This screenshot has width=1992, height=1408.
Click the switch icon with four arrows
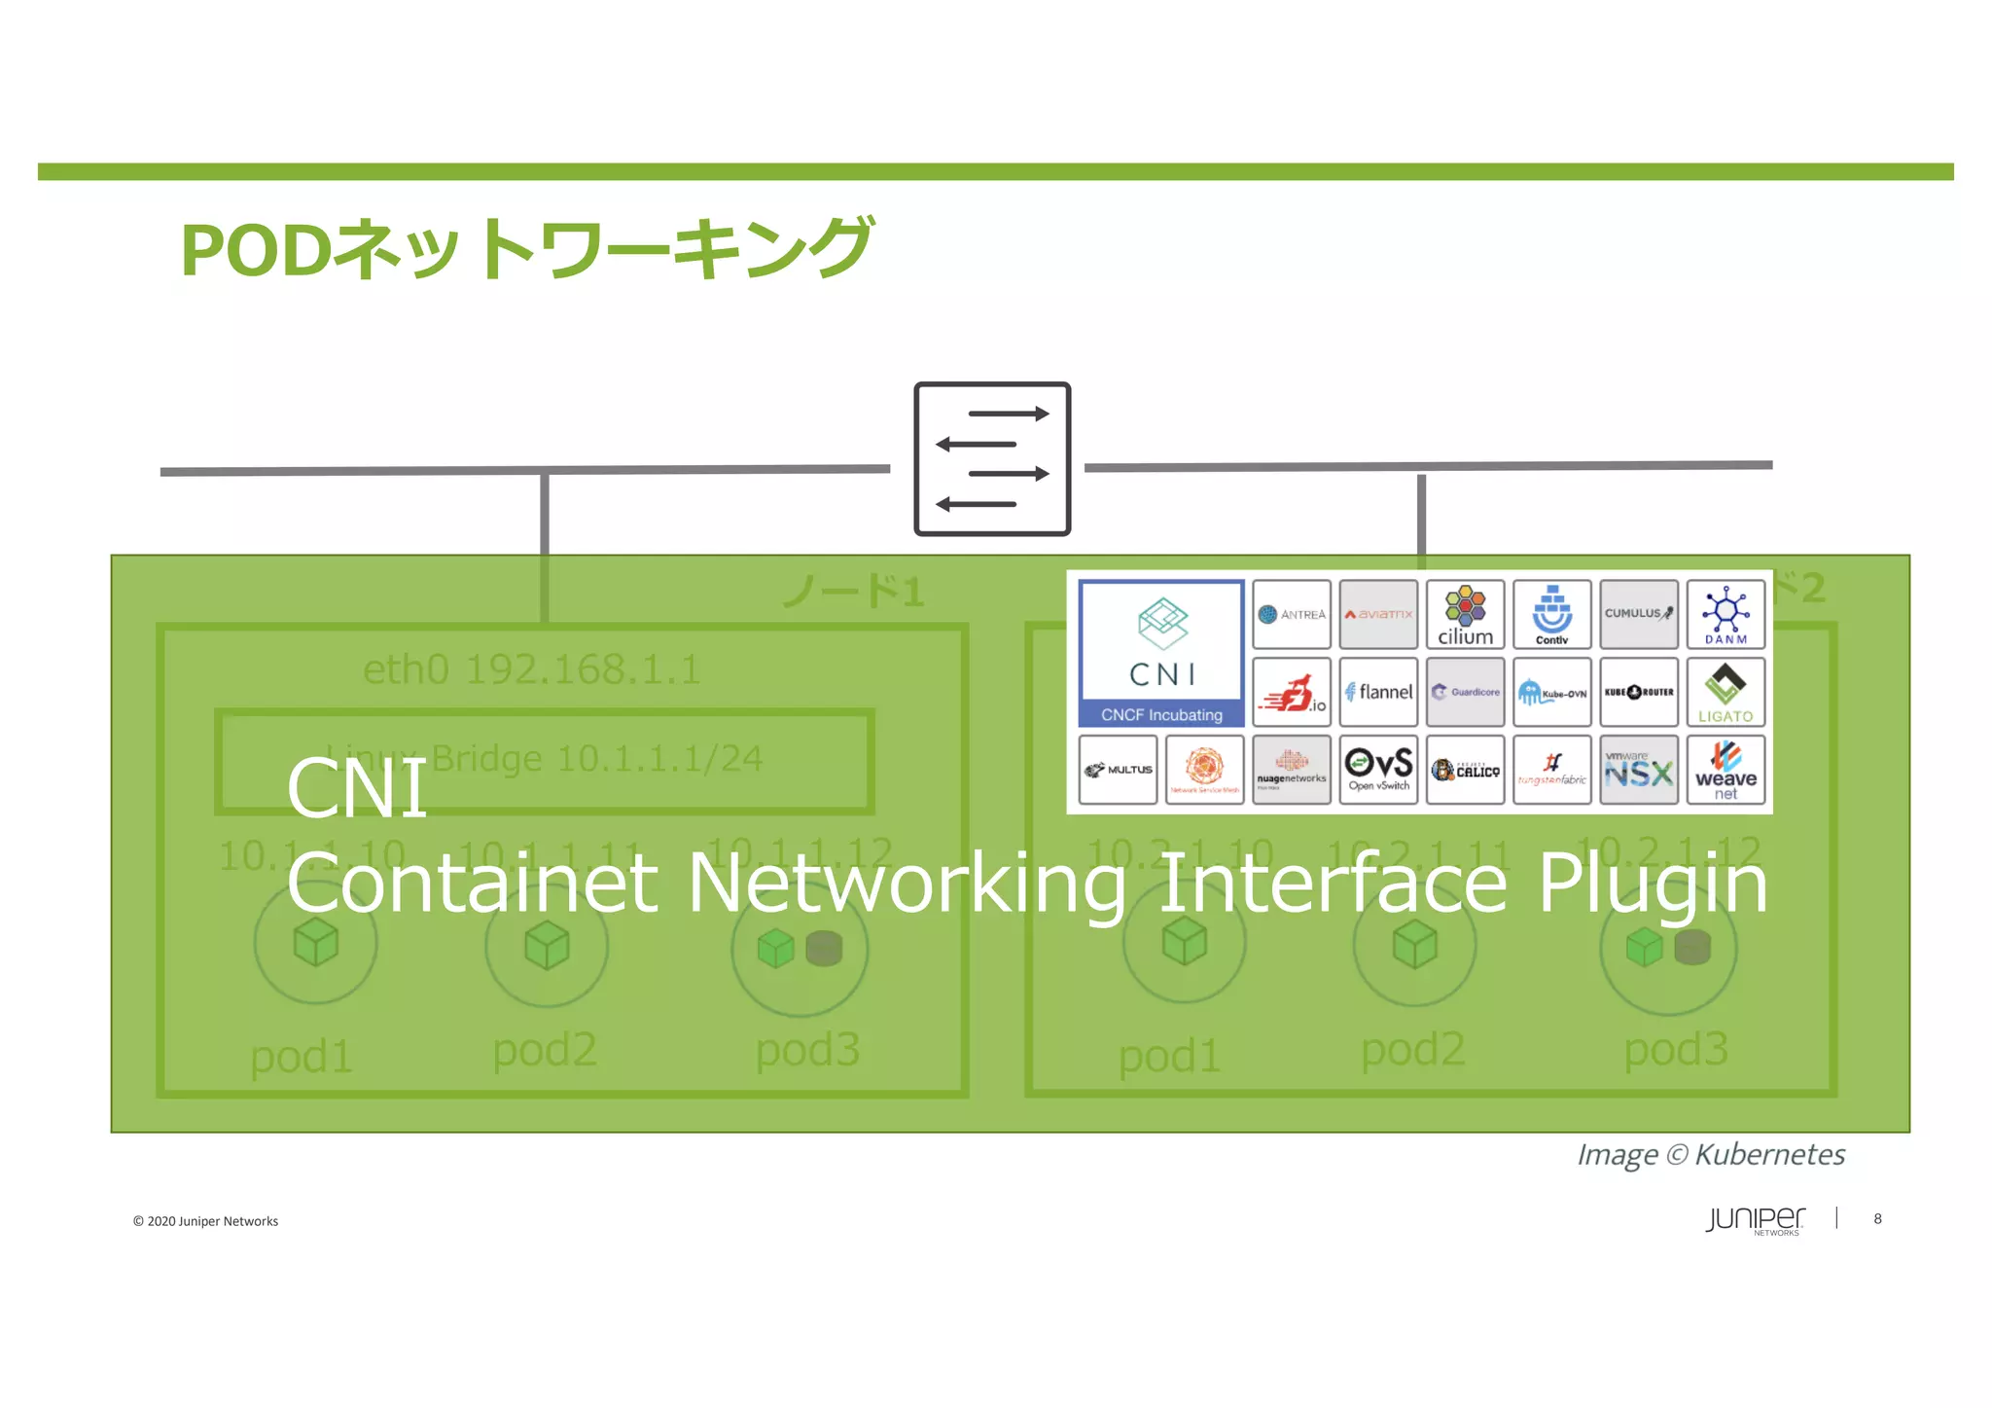(x=992, y=458)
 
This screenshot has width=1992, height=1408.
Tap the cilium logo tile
(x=1465, y=615)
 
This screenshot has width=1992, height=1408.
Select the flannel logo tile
(x=1378, y=692)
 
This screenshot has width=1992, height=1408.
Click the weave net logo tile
(x=1725, y=770)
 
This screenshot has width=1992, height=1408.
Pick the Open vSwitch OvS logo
(x=1378, y=770)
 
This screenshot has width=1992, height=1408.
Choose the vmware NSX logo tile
(x=1639, y=770)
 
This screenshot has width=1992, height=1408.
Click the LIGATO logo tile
(x=1725, y=692)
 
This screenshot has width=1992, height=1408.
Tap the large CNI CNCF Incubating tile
(x=1161, y=653)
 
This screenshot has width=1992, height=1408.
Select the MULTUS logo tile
(x=1118, y=770)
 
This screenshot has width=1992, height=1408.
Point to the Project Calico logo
(x=1465, y=770)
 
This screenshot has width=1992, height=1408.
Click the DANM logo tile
(x=1725, y=615)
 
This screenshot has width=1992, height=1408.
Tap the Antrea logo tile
(x=1292, y=615)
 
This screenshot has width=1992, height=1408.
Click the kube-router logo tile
(x=1639, y=692)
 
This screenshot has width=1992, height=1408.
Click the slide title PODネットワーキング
(x=526, y=249)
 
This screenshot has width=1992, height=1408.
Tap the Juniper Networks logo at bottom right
(x=1755, y=1220)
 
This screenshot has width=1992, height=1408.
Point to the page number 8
(x=1877, y=1219)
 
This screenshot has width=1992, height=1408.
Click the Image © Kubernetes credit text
(x=1711, y=1155)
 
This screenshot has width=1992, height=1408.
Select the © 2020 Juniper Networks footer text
(x=205, y=1221)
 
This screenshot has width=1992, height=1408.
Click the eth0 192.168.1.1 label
(x=531, y=669)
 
